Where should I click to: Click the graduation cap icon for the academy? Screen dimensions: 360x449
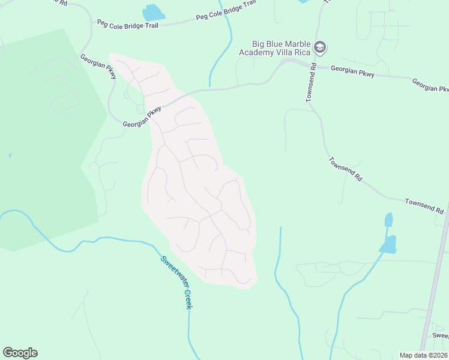[320, 46]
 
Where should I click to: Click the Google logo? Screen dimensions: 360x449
[20, 353]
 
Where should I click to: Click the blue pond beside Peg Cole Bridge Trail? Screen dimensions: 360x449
[152, 13]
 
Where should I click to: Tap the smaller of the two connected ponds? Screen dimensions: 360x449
[388, 220]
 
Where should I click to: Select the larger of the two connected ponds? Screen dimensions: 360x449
[388, 244]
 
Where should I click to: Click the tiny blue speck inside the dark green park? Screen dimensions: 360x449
[10, 155]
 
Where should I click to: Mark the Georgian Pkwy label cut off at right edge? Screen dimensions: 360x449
[430, 85]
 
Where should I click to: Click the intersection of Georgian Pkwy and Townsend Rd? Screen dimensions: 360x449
[315, 65]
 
